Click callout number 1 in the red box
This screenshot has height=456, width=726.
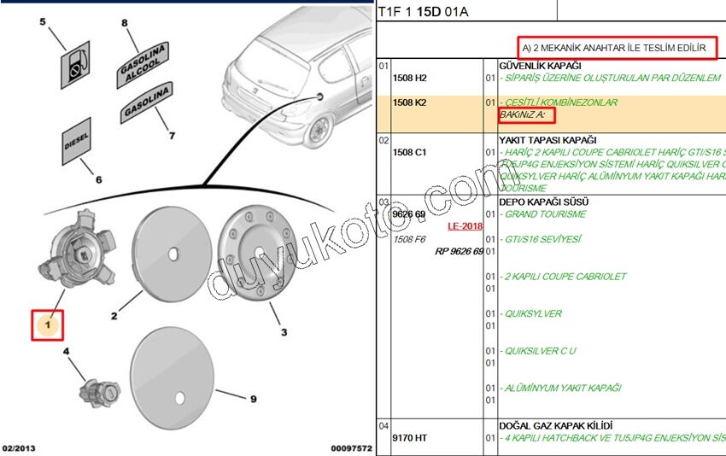[49, 325]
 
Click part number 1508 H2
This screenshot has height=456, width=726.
[409, 78]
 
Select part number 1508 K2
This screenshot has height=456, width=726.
[409, 102]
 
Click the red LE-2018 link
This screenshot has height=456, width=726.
[465, 226]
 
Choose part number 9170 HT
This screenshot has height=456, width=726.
[409, 439]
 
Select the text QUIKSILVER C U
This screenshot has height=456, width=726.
[540, 351]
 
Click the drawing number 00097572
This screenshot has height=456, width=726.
[351, 448]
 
